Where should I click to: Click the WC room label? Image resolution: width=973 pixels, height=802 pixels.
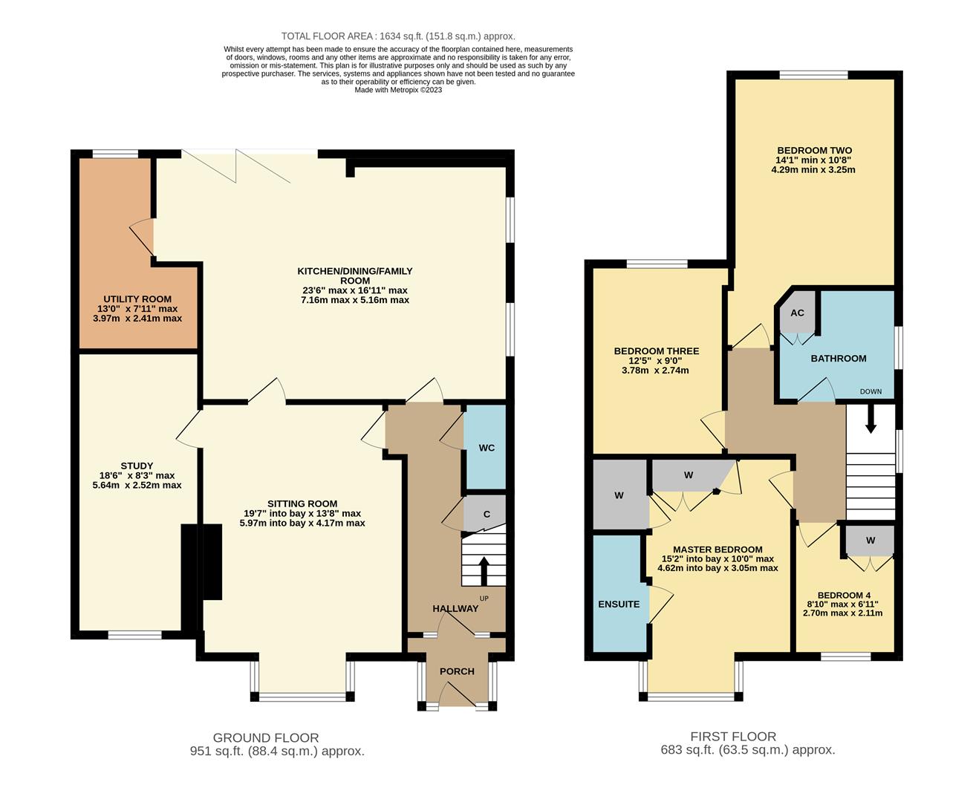pos(486,448)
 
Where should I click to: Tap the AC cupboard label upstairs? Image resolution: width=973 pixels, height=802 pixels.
pos(797,313)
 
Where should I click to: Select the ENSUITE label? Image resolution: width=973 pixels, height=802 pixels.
pos(619,604)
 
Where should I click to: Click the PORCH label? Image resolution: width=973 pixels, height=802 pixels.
pos(457,671)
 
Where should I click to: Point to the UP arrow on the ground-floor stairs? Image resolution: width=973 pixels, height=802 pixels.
pos(484,571)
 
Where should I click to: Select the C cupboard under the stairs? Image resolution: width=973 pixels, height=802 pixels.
pos(486,514)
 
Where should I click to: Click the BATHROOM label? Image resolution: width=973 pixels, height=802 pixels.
pos(839,359)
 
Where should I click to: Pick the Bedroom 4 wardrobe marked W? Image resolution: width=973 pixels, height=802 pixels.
pos(870,540)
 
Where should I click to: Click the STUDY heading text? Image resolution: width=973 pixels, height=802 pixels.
pos(137,466)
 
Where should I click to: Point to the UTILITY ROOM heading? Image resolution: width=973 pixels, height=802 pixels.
pos(137,299)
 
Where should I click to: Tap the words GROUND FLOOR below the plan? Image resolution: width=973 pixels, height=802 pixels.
pos(266,737)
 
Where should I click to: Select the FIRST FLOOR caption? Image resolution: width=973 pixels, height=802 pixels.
pos(733,737)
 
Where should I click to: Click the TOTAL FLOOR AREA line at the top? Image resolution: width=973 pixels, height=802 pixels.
pos(398,36)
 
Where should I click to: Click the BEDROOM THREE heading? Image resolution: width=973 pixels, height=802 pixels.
pos(656,351)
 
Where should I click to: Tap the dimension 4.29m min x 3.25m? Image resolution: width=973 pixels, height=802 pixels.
pos(813,169)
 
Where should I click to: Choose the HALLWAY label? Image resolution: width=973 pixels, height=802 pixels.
pos(455,609)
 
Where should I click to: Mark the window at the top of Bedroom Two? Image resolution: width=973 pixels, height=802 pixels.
pos(813,74)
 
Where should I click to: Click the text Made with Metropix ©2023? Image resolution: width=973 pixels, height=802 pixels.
pos(398,90)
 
